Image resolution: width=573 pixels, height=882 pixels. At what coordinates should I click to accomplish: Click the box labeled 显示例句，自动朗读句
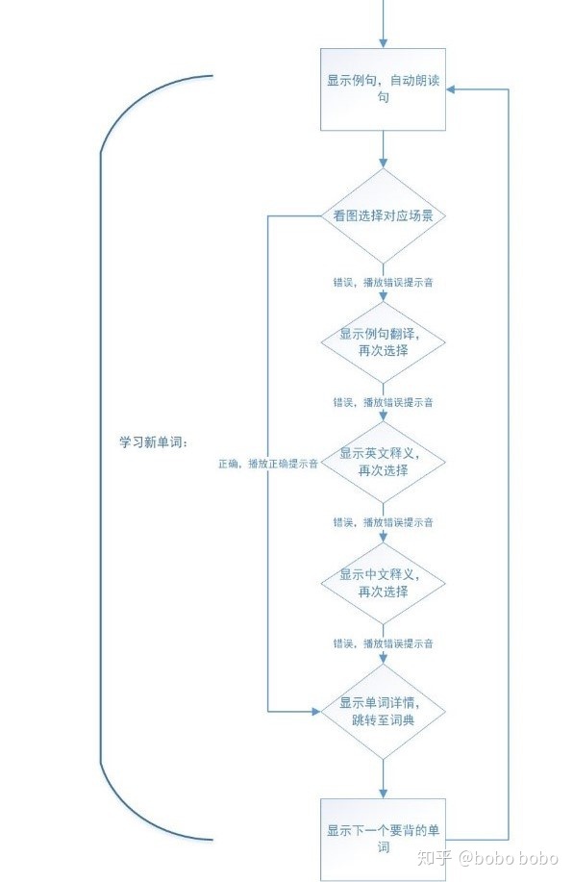[383, 88]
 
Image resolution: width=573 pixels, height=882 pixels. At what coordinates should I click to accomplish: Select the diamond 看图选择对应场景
[383, 216]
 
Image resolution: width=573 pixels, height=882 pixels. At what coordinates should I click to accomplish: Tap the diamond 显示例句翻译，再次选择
[383, 342]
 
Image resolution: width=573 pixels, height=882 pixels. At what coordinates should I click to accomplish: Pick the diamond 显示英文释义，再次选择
[383, 462]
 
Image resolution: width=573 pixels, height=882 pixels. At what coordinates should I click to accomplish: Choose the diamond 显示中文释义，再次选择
[383, 583]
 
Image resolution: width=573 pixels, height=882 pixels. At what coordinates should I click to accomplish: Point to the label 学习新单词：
[153, 441]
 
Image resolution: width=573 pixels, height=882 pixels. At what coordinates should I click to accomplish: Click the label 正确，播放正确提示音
[268, 463]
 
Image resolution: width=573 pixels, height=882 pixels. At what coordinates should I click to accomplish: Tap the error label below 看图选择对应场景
[383, 283]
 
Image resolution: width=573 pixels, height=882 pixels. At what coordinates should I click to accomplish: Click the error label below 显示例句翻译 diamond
[383, 402]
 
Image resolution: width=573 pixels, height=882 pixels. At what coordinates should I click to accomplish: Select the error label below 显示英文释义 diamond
[383, 522]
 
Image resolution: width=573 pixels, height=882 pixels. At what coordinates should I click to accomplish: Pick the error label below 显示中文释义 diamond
[383, 643]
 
